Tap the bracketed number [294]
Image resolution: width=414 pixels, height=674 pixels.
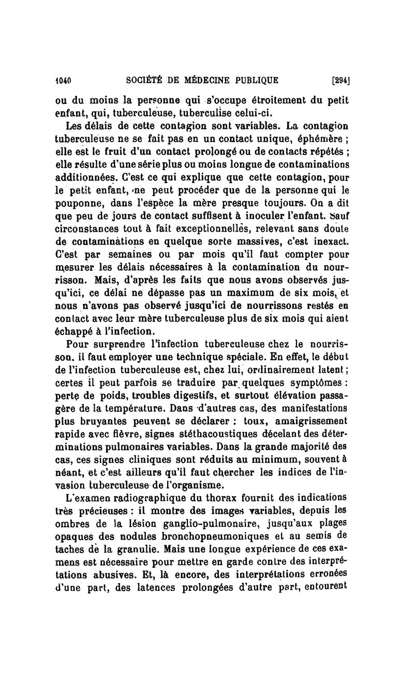339,81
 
